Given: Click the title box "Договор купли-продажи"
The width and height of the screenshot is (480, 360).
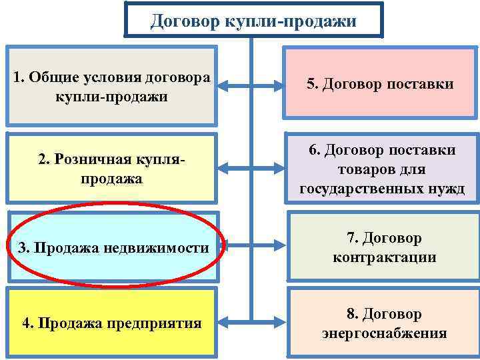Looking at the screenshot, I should tap(253, 21).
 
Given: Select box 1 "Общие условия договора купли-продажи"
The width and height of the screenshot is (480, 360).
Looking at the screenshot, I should tap(111, 85).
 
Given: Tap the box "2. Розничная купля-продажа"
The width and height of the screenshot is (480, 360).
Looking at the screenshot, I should tap(111, 169).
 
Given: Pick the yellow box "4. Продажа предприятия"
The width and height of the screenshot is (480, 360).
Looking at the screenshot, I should tap(111, 323).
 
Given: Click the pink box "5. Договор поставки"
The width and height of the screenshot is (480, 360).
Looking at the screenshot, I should tap(380, 85).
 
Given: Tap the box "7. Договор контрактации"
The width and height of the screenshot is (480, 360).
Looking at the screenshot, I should tap(384, 247).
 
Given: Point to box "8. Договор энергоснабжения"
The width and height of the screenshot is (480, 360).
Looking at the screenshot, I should tap(384, 323).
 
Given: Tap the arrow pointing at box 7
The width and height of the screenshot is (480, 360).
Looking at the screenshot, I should tap(270, 248).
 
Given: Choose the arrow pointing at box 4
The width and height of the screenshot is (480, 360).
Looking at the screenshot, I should tap(233, 323).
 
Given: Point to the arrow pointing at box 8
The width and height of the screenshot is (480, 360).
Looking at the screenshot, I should tap(270, 323).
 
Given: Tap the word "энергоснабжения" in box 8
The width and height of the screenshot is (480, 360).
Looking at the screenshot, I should tap(384, 333).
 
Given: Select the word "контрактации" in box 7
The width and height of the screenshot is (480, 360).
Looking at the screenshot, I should tap(384, 257).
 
